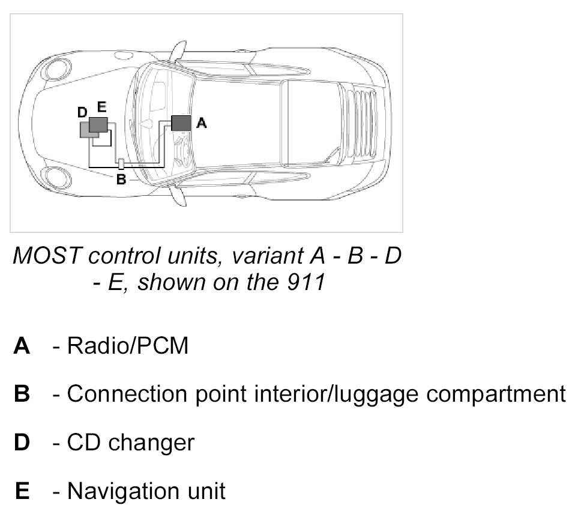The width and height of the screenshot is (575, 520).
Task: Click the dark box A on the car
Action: point(181,122)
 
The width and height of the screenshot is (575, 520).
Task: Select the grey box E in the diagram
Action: point(98,124)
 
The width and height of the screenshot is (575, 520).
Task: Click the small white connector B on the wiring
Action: point(121,164)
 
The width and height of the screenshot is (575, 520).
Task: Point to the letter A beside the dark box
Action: point(202,123)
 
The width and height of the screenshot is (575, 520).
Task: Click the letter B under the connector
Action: point(121,179)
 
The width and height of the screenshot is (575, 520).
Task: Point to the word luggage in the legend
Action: point(358,395)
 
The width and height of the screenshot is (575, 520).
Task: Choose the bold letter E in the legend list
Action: point(22,491)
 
